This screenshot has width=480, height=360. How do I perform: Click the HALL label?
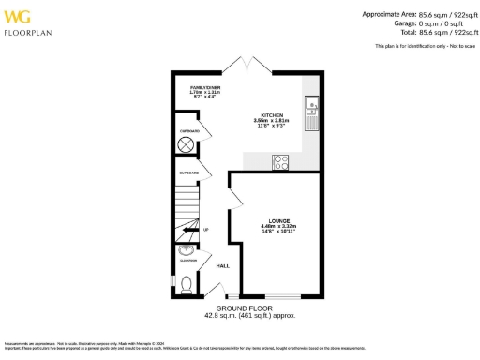tap(223, 266)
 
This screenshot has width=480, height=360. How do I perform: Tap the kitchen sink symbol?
tap(311, 112)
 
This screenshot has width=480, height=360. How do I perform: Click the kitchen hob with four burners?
tap(280, 161)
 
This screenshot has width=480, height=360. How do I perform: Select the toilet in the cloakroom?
tap(186, 283)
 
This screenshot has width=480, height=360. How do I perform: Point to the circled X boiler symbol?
tap(186, 145)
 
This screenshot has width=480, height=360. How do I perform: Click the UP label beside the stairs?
tap(205, 230)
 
